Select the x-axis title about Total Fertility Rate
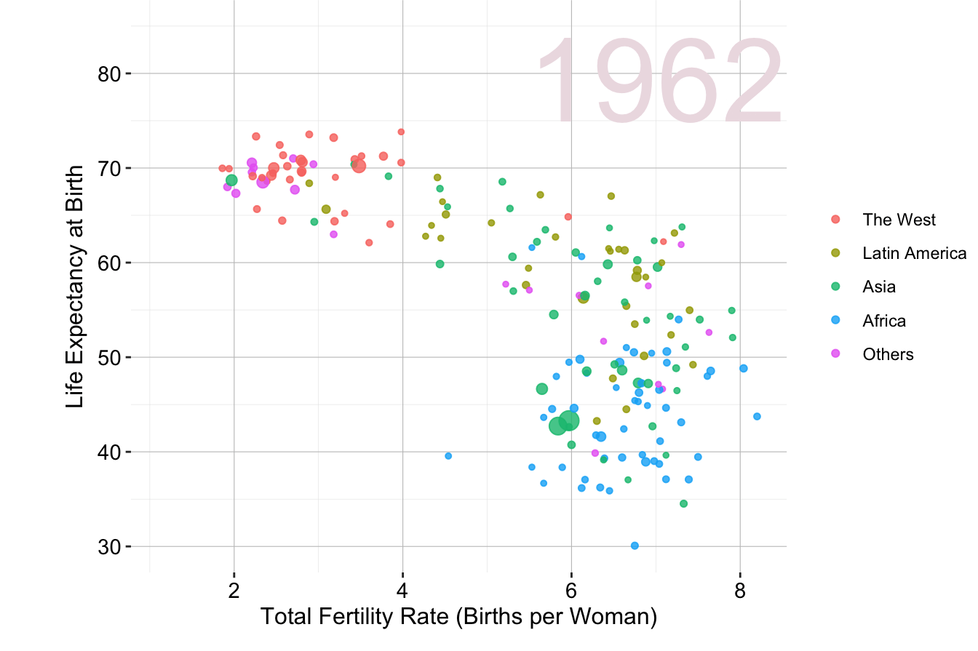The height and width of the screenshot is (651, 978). [x=458, y=617]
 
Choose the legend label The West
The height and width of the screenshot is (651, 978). [x=899, y=220]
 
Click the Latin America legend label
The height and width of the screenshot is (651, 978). [x=914, y=253]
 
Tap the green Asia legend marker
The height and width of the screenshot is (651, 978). [x=835, y=287]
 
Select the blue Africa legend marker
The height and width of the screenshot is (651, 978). [x=835, y=321]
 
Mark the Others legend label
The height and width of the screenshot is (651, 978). [x=888, y=354]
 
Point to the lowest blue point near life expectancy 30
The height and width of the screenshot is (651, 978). [x=635, y=546]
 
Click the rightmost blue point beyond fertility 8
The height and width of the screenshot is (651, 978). [x=757, y=416]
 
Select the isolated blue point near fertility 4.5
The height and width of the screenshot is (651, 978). [x=448, y=456]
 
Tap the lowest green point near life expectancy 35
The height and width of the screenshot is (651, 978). [x=683, y=503]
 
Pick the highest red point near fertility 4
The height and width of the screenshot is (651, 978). [x=401, y=132]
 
